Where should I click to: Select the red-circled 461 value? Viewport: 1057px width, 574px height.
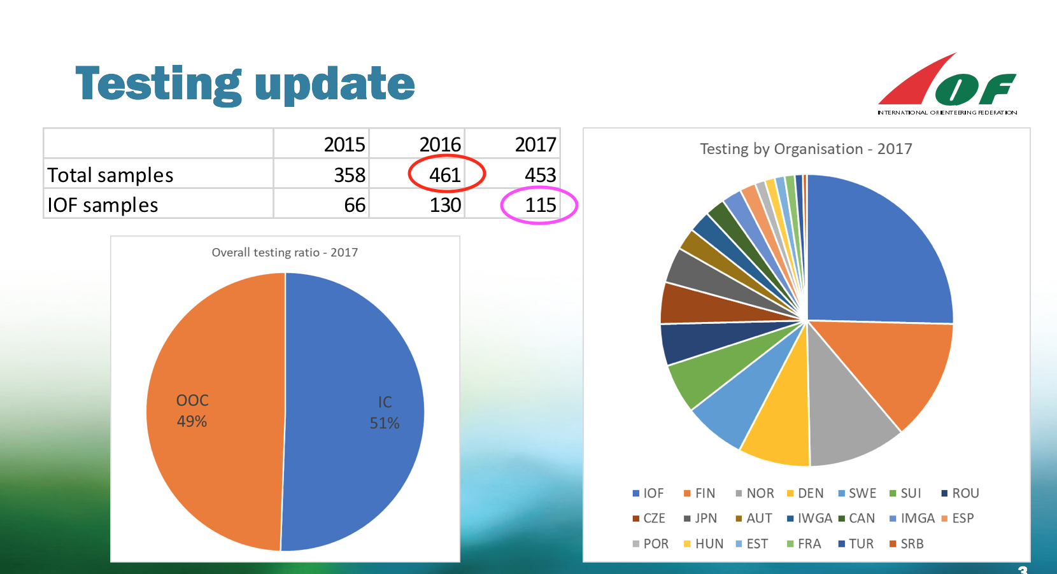445,174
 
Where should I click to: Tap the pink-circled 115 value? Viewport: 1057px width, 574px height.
540,205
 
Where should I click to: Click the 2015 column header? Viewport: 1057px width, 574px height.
344,144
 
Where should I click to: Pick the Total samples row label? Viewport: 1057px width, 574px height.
110,175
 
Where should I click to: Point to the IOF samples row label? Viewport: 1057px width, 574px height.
103,205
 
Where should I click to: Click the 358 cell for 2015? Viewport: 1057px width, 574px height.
350,175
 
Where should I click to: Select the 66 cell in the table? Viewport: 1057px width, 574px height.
355,205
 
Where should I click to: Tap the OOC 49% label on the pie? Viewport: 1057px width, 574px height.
192,410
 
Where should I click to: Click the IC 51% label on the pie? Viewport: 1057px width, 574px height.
385,412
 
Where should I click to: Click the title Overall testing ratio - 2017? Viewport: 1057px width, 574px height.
285,253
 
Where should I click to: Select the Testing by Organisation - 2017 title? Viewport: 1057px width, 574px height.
806,149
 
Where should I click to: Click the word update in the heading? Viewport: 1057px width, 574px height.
335,85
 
